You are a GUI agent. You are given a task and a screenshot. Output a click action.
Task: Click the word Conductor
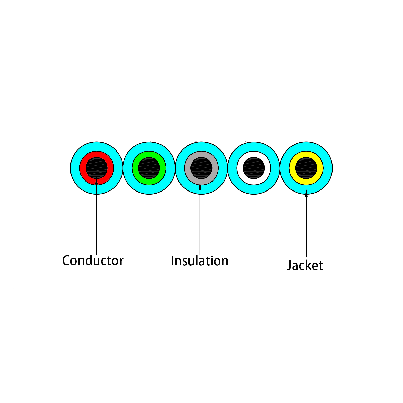(93, 260)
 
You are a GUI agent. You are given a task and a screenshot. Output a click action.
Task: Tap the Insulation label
(199, 261)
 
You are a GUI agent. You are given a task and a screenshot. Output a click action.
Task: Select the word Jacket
(305, 265)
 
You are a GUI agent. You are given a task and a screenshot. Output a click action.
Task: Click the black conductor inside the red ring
(97, 168)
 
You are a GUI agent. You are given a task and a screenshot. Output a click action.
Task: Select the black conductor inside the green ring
(149, 168)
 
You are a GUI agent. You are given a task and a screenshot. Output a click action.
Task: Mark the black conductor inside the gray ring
(201, 168)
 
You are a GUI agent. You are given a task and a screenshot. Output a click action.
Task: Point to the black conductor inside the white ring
(254, 168)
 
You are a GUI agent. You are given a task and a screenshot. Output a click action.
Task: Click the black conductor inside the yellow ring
(306, 168)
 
